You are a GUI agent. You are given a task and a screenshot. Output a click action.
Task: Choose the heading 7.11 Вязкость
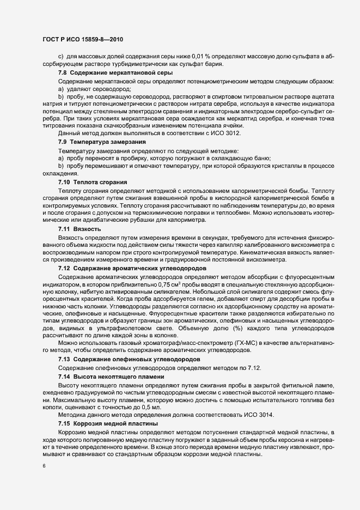pyautogui.click(x=80, y=229)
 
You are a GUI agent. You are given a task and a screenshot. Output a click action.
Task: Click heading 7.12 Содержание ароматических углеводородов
pyautogui.click(x=132, y=269)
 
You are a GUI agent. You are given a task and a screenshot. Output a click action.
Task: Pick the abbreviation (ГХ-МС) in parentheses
pyautogui.click(x=245, y=343)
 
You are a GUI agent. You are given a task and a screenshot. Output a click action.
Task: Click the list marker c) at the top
pyautogui.click(x=61, y=56)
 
